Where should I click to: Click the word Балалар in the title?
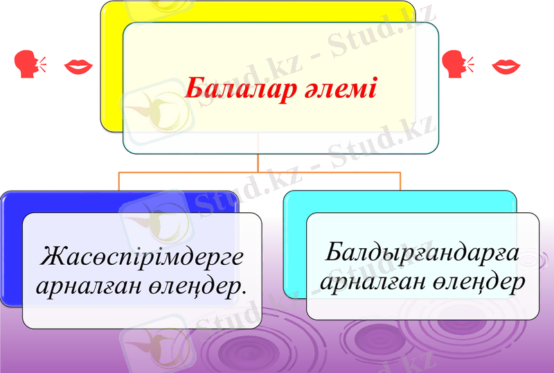[231, 89]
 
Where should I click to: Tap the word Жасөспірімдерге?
[143, 257]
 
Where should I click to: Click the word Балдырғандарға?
[422, 252]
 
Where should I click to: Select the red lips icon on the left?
[78, 67]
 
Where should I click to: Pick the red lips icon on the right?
[506, 67]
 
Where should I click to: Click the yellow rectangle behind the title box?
[111, 69]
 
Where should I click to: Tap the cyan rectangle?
[295, 250]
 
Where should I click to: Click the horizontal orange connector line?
[259, 171]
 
